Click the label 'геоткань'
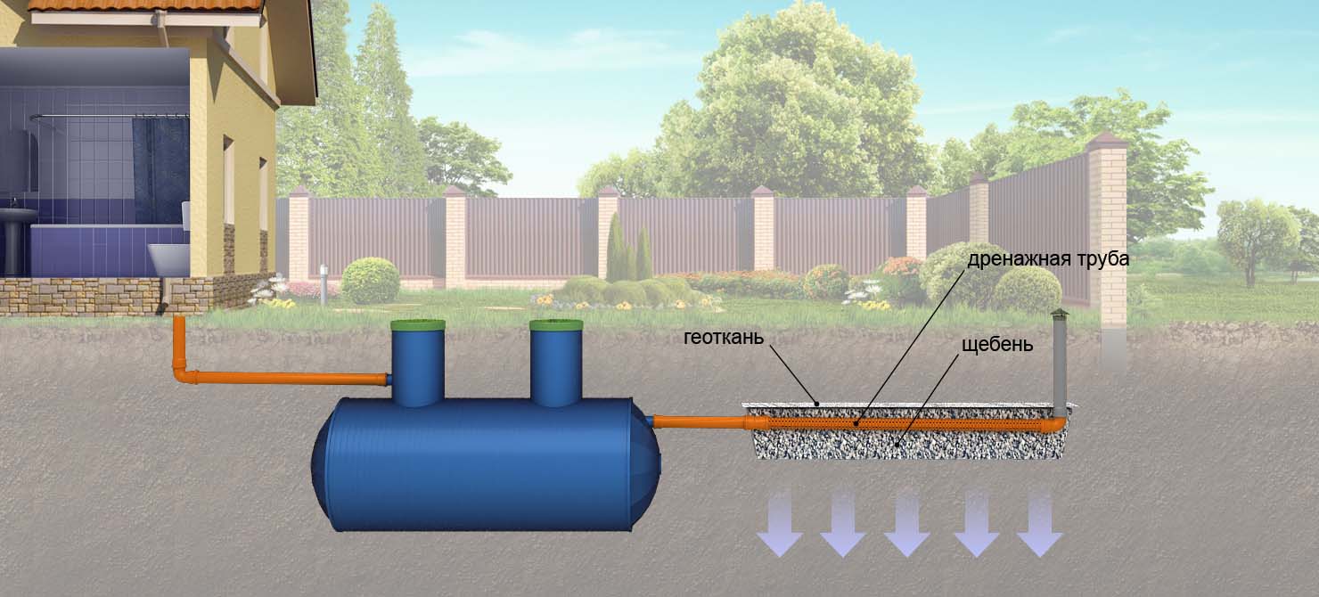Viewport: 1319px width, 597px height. [723, 338]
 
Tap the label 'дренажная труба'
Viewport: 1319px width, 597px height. [1048, 260]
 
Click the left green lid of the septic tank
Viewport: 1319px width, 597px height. [418, 326]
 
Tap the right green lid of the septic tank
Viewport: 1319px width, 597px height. [556, 326]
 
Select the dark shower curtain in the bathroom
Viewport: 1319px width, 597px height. [160, 169]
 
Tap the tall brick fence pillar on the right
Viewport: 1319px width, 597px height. [1108, 241]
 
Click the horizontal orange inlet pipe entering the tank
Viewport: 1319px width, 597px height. [294, 379]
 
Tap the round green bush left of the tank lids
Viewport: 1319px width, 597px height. [370, 281]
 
